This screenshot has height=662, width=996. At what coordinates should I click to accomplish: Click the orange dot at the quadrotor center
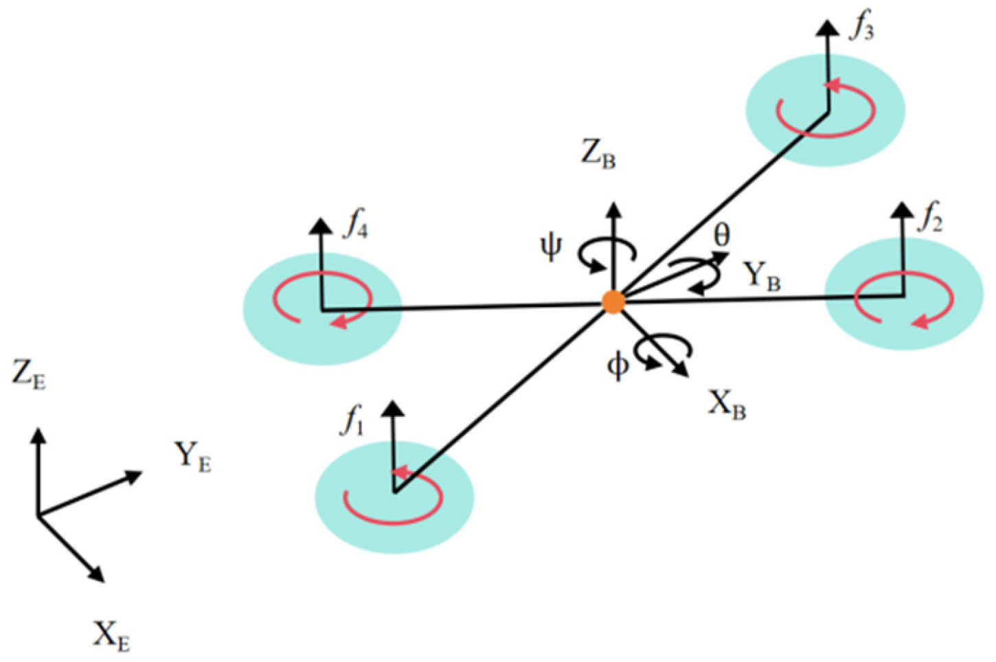point(613,302)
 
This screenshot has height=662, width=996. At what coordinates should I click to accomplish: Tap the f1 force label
point(354,420)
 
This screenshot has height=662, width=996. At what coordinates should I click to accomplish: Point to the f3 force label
point(862,27)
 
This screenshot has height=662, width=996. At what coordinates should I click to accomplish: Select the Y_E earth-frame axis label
point(192,457)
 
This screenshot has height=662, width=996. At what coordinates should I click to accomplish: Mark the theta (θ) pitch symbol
point(722,236)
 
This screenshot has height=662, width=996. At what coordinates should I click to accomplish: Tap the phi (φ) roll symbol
point(618,366)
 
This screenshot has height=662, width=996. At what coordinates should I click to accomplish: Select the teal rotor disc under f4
point(322,308)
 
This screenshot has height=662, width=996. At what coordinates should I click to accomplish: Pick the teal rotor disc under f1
point(394,497)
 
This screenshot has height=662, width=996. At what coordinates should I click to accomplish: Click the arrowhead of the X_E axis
point(98,575)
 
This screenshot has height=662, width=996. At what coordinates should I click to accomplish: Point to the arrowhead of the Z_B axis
point(614,209)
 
